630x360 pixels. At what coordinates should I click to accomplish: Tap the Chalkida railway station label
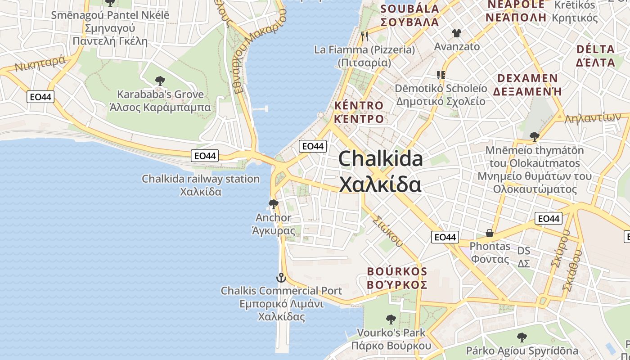pos(201,179)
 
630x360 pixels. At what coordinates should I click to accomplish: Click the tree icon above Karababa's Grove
pos(160,81)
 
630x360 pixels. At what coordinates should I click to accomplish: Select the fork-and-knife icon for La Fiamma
pos(364,36)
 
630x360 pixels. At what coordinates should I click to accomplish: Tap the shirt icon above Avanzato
pos(457,33)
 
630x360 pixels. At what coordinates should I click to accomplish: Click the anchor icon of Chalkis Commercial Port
pos(281,278)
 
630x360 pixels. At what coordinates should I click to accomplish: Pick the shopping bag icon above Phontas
pos(490,233)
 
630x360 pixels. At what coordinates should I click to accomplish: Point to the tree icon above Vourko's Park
pos(391,319)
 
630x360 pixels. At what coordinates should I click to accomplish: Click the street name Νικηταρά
pos(40,64)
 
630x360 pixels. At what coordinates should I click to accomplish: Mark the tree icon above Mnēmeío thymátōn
pos(535,136)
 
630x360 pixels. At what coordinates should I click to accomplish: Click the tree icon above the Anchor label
pos(273,204)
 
